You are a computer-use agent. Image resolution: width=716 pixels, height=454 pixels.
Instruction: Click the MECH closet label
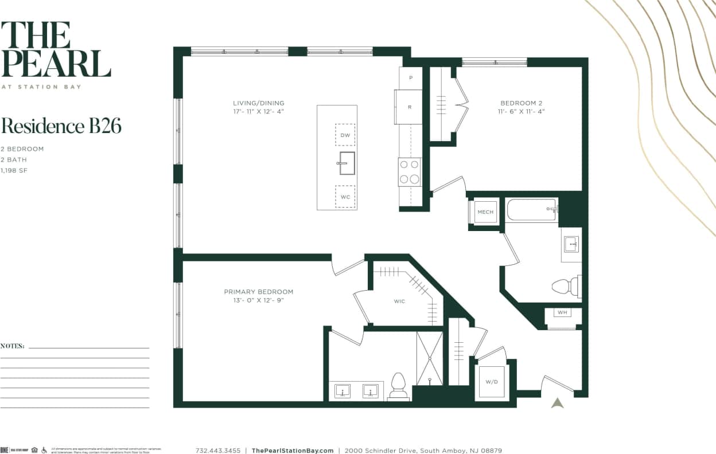485,212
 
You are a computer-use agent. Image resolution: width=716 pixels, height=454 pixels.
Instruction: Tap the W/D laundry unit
492,382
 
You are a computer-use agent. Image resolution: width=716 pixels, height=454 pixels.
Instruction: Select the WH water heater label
562,313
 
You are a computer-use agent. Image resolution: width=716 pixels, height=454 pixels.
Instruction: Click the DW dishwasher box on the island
345,135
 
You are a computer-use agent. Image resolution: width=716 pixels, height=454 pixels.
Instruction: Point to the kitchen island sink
347,163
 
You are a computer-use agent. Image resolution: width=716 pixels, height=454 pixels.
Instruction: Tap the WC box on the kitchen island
345,197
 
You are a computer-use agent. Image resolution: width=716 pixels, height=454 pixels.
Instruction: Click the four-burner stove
410,172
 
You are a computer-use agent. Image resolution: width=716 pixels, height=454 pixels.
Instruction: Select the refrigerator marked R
409,107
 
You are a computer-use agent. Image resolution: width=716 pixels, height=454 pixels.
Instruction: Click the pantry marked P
410,77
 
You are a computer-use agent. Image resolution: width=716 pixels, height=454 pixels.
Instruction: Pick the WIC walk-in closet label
399,302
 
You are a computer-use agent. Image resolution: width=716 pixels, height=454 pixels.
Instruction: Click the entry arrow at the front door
557,402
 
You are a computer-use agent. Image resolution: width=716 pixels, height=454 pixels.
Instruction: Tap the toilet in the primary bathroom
398,386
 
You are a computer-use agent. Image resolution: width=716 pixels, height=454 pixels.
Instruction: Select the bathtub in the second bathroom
531,209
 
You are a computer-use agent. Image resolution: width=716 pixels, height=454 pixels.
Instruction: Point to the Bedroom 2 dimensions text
521,112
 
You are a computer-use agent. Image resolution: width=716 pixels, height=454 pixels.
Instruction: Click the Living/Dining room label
255,103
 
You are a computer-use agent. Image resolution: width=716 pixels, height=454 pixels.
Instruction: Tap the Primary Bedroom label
258,292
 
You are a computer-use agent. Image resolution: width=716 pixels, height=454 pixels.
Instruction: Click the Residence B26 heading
61,126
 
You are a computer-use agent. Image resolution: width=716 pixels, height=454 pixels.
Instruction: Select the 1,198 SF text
14,171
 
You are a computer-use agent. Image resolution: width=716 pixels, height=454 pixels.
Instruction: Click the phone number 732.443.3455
218,451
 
